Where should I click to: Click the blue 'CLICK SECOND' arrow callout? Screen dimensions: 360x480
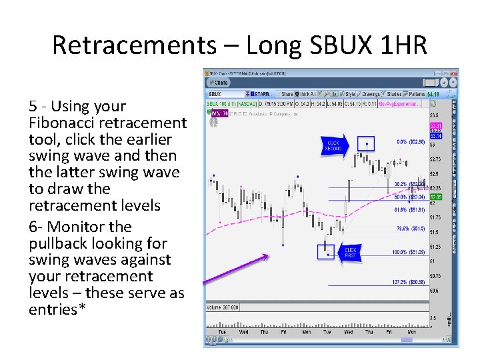click(x=333, y=146)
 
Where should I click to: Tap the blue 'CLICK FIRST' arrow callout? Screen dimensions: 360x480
click(x=350, y=253)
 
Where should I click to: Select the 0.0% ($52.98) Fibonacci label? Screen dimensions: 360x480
click(x=411, y=142)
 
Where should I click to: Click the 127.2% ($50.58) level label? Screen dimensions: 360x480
click(x=408, y=282)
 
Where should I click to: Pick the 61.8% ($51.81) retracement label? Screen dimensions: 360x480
click(x=409, y=209)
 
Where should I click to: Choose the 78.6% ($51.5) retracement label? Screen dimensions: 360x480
click(x=409, y=228)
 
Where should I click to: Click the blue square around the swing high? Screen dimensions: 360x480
click(x=365, y=143)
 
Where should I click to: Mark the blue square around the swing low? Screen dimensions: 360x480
click(x=326, y=251)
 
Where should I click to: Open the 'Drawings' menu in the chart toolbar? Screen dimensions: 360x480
click(x=371, y=94)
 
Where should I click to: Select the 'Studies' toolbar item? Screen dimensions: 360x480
click(x=394, y=94)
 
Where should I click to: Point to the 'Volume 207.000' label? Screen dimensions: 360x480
click(x=223, y=307)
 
